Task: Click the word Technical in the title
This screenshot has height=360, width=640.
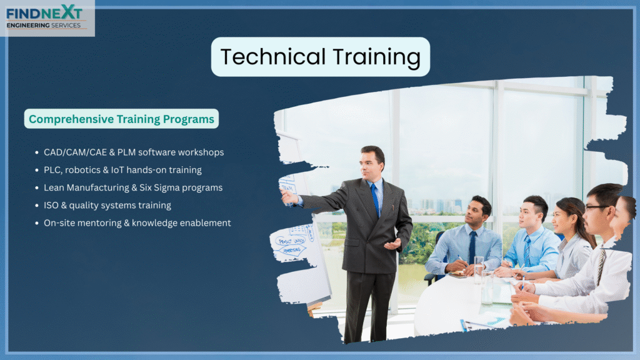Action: click(273, 56)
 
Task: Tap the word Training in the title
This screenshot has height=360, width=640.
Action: click(377, 57)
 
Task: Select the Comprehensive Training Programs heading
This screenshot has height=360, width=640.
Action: click(121, 119)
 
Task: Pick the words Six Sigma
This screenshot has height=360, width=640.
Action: click(159, 187)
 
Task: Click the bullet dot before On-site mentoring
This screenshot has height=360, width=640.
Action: click(37, 223)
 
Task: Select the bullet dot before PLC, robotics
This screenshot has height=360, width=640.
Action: click(37, 170)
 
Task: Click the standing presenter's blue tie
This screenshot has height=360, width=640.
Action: click(375, 200)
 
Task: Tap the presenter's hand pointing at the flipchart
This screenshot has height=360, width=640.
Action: click(289, 197)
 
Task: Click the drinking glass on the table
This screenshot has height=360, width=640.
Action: click(478, 270)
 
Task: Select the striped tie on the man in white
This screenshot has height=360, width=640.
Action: click(601, 265)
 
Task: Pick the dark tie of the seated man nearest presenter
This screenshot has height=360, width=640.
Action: click(472, 247)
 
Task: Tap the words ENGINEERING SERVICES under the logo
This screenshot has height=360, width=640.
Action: click(44, 25)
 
